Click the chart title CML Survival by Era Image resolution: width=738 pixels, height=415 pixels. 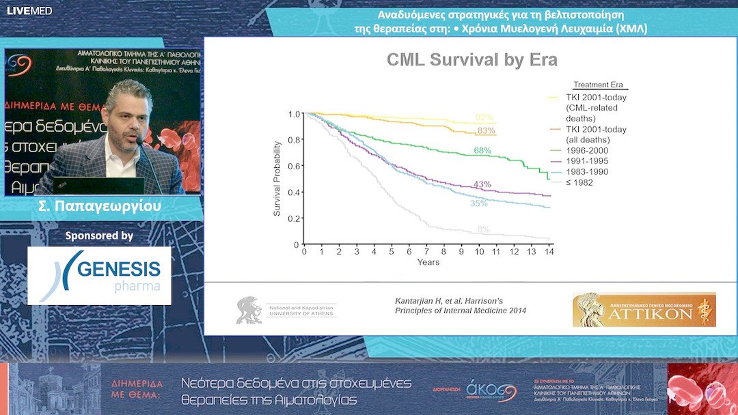(472, 59)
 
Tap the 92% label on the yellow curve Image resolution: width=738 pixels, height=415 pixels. (484, 117)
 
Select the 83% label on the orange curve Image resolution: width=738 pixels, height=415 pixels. (487, 130)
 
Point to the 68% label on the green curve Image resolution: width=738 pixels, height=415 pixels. (482, 150)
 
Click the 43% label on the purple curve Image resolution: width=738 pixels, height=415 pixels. (482, 185)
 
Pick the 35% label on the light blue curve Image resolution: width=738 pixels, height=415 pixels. (479, 203)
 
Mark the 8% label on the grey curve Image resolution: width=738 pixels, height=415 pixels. (484, 229)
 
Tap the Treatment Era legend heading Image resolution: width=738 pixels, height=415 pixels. (599, 85)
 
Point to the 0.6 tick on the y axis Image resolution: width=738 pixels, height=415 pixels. (293, 166)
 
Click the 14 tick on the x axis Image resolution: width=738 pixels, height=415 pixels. (549, 253)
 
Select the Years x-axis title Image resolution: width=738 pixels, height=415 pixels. (428, 262)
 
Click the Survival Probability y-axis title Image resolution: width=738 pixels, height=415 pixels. (277, 179)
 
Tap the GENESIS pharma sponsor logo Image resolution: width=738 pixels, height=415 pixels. (100, 275)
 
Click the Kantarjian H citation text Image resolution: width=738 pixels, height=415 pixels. (461, 305)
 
